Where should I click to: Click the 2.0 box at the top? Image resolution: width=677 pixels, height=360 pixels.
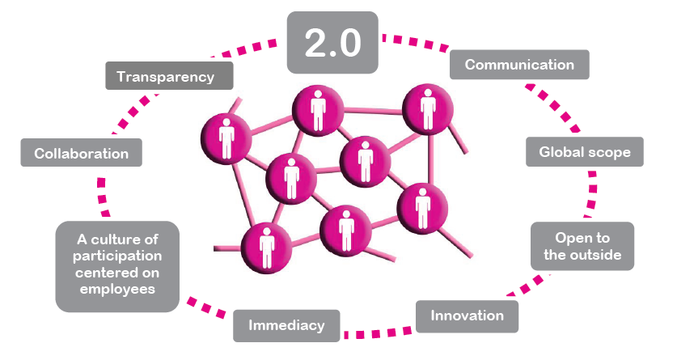(332, 43)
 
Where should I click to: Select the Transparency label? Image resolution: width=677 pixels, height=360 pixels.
(169, 77)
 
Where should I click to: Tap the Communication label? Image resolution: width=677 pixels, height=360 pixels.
(519, 65)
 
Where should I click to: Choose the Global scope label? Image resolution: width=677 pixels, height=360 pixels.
(584, 151)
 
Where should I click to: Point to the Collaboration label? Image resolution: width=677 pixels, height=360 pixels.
(81, 152)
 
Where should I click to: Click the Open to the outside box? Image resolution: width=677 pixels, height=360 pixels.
(582, 247)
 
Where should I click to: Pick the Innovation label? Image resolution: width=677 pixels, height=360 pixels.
(467, 316)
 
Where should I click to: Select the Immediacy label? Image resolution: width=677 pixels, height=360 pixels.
(286, 326)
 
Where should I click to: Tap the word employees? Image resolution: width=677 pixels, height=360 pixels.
(116, 289)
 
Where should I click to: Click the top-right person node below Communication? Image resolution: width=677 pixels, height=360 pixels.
(425, 109)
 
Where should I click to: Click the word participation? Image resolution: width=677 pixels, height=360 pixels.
(116, 256)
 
